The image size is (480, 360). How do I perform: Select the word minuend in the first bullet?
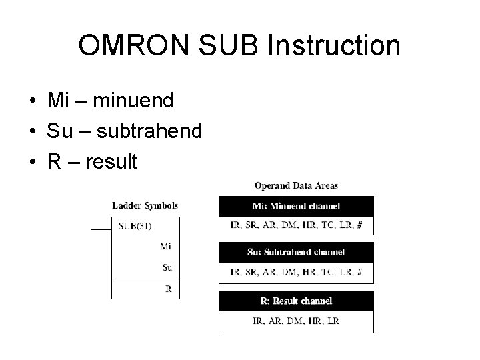(x=133, y=101)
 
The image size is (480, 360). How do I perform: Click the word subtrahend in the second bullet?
(x=149, y=131)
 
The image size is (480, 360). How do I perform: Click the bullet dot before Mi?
(x=33, y=101)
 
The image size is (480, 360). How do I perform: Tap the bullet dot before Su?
(x=33, y=131)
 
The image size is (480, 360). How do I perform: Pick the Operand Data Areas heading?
(x=296, y=185)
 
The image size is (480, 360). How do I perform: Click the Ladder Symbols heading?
(x=145, y=205)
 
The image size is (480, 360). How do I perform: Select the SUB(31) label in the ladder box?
(x=135, y=225)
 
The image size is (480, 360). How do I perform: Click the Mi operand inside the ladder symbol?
(x=166, y=246)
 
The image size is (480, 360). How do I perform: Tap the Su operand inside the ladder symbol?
(x=167, y=267)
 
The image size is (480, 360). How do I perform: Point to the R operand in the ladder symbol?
(x=168, y=289)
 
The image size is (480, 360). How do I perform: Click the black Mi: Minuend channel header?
(x=296, y=206)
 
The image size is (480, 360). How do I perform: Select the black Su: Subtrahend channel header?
(x=296, y=252)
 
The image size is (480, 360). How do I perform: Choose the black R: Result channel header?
(x=296, y=301)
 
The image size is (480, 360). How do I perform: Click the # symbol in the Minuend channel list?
(x=360, y=225)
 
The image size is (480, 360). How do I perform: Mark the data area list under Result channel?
(x=296, y=321)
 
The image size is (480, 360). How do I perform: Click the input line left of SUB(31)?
(x=101, y=229)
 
